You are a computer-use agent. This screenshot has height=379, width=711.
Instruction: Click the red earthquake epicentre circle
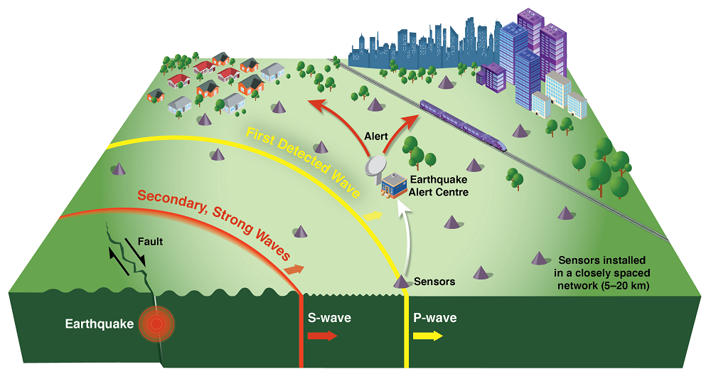(156, 324)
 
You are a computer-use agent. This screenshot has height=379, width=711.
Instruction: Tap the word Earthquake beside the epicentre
(99, 324)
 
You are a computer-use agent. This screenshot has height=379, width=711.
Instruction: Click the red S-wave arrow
(322, 336)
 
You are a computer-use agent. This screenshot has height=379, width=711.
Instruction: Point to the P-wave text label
(435, 318)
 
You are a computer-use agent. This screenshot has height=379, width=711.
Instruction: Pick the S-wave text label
(328, 318)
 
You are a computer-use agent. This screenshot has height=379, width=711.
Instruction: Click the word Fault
(151, 242)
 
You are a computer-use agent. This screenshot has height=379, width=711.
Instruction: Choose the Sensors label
(434, 282)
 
